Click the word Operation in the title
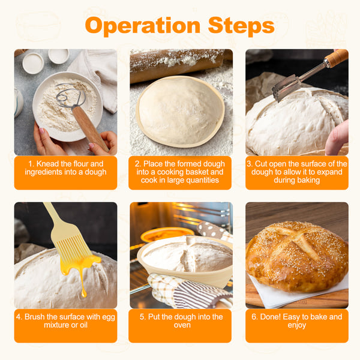click(x=143, y=26)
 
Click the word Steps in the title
click(x=241, y=25)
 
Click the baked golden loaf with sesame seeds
click(x=297, y=256)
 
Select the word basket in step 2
click(x=197, y=172)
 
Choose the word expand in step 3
click(x=329, y=172)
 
